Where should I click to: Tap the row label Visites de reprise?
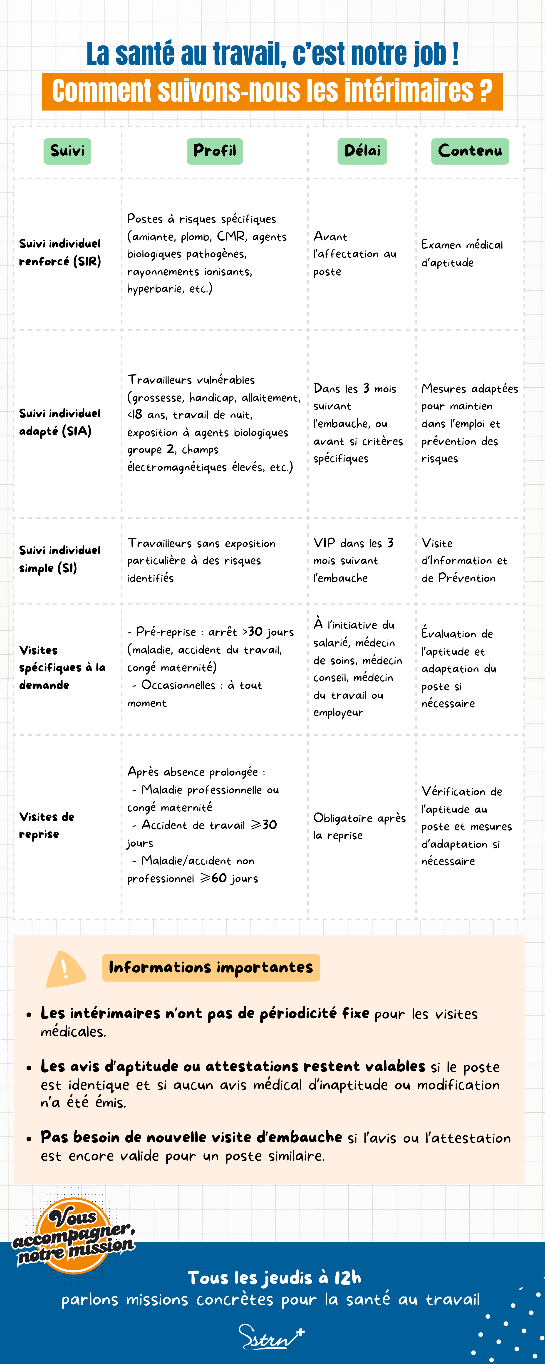pos(47,825)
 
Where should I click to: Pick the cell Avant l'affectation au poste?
pos(354,254)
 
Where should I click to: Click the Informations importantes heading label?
pos(211,967)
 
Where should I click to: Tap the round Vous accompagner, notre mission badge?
pos(73,1236)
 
